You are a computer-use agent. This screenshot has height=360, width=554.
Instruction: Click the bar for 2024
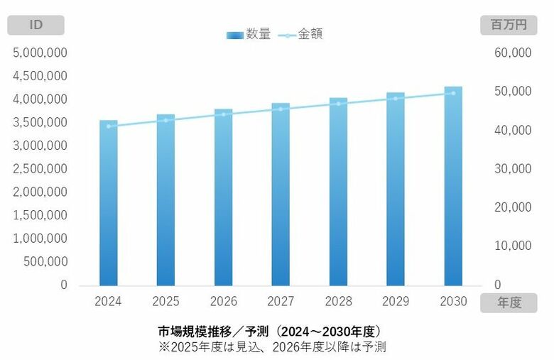tap(109, 202)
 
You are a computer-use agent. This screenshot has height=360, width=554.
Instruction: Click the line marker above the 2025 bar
tap(166, 120)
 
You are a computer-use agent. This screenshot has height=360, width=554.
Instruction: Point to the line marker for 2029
tap(396, 98)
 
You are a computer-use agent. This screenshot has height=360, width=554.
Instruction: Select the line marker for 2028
tap(338, 104)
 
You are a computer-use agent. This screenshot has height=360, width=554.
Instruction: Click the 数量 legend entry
tap(249, 34)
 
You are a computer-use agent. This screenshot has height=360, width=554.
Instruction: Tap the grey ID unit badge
tap(36, 26)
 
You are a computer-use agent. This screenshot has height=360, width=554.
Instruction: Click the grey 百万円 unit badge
tap(509, 26)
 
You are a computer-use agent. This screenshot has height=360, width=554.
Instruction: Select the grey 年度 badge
tap(509, 302)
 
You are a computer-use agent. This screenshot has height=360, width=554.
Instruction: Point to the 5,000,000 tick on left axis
tap(40, 53)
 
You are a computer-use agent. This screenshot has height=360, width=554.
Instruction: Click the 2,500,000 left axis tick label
tap(40, 169)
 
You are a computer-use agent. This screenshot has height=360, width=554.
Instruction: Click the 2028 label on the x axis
tap(338, 301)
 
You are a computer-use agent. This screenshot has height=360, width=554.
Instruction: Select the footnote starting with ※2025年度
tap(273, 347)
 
